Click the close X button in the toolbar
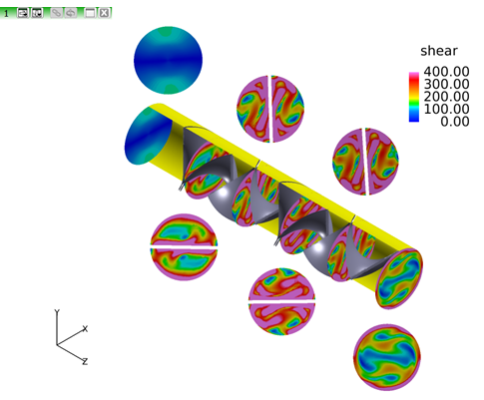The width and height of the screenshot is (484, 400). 104,13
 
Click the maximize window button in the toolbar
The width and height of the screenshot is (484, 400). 90,13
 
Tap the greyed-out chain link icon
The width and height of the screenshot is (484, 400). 57,13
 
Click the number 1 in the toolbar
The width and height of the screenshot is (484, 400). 6,14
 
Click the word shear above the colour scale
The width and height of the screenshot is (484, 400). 439,51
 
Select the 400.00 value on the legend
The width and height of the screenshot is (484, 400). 446,72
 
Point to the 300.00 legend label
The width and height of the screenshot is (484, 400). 446,84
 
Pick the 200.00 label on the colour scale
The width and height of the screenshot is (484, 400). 446,97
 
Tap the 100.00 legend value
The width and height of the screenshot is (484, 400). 446,109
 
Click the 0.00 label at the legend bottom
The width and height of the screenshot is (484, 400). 454,122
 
